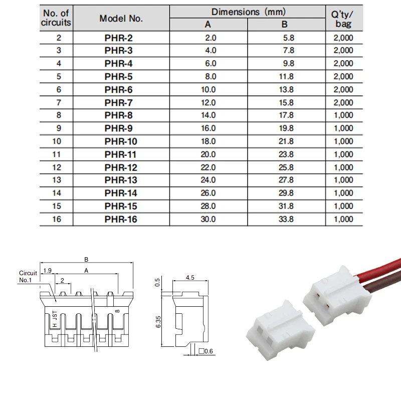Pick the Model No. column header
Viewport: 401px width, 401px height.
[121, 19]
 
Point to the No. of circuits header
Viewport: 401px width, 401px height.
[56, 18]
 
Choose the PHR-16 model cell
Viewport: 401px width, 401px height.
[121, 219]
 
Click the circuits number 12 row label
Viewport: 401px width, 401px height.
[57, 167]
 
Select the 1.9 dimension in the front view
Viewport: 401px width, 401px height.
[47, 271]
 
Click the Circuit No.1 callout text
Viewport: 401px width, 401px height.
[28, 277]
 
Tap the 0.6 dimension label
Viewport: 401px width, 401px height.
[209, 351]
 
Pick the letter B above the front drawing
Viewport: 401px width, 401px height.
[86, 259]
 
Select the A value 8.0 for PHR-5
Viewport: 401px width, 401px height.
[211, 77]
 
